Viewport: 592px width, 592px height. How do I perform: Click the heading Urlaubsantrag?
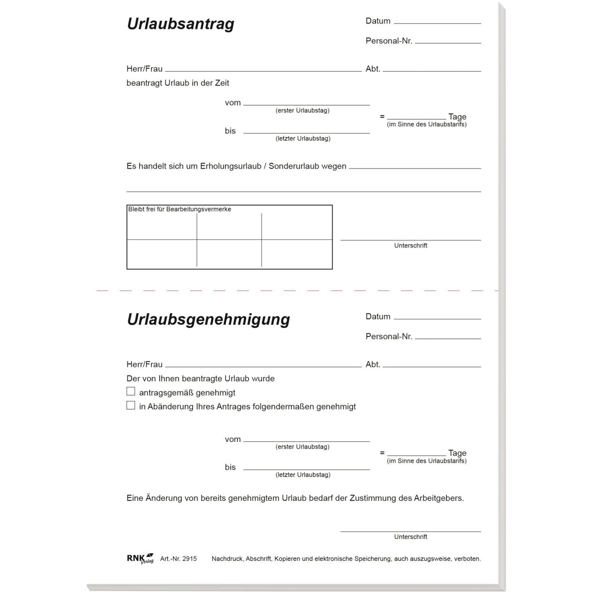180,24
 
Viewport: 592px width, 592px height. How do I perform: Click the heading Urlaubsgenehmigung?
208,320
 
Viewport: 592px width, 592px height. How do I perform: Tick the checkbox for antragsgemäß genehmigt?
131,392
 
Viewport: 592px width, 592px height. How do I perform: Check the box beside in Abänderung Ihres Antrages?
131,406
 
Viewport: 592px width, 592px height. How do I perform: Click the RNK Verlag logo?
140,558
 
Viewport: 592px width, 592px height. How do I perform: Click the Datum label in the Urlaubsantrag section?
378,21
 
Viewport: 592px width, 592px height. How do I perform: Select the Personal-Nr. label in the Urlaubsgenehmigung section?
388,336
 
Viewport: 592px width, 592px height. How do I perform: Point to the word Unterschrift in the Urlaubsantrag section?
411,245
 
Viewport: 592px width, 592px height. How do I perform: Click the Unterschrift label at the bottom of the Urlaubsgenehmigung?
411,537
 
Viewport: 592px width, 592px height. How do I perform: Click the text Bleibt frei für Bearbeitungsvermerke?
179,209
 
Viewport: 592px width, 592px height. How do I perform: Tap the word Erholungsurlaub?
231,166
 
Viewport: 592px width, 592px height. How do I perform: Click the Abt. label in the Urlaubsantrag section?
373,69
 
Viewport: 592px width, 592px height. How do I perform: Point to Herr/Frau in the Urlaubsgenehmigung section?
144,364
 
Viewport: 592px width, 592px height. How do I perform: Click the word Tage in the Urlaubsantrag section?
457,117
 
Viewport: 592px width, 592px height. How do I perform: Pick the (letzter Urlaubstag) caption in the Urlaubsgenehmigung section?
303,475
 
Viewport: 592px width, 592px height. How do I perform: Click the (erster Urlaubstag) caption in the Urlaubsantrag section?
302,111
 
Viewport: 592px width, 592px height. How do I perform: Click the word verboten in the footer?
467,559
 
